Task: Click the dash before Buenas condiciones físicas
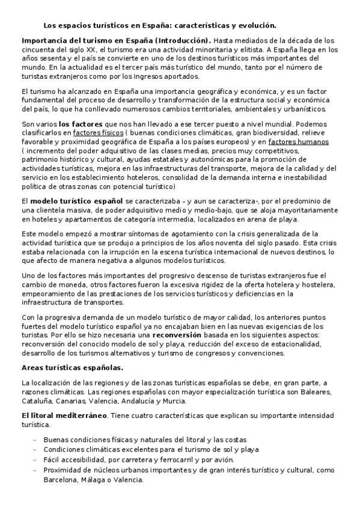[x=35, y=440]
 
